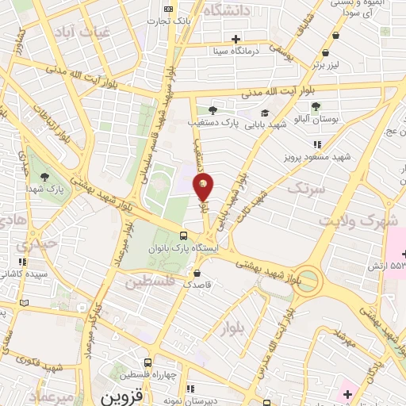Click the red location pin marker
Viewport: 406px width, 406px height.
204,188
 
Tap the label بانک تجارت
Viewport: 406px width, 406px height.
167,20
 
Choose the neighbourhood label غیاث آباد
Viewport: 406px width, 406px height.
75,31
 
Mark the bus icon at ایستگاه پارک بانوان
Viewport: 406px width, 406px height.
184,236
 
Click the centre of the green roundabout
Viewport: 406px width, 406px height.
308,280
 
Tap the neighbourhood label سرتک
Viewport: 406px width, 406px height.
306,189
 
